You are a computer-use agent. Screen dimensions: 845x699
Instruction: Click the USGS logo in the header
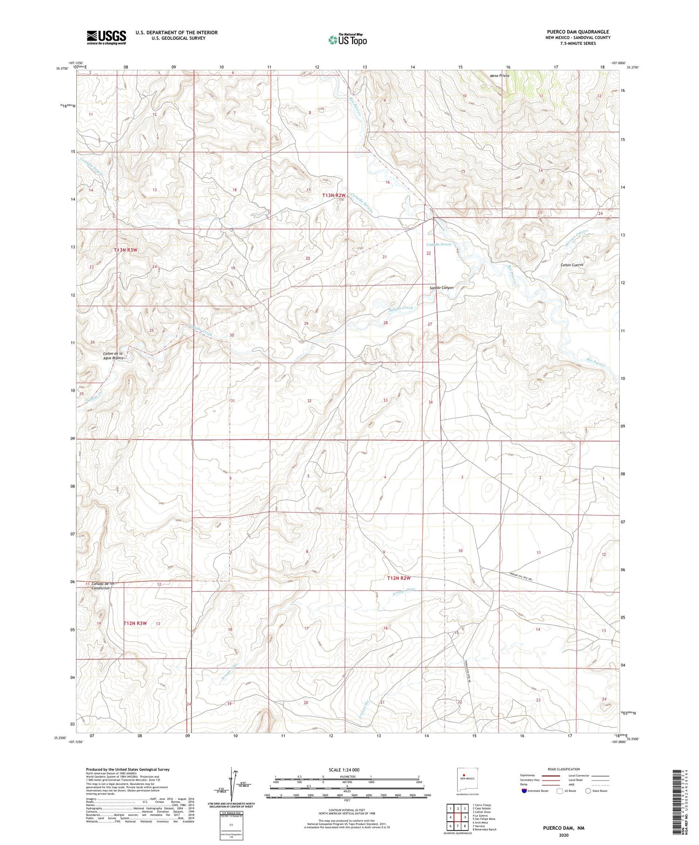click(106, 37)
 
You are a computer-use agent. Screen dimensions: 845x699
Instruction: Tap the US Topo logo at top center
click(348, 40)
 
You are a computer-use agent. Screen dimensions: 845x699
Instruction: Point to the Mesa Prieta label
click(500, 76)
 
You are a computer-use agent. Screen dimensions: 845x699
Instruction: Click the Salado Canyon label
click(441, 288)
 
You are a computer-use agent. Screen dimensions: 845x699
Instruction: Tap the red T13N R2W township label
click(334, 195)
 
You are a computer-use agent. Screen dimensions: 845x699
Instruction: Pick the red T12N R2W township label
click(399, 578)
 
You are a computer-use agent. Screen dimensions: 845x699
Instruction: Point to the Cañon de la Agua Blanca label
click(113, 356)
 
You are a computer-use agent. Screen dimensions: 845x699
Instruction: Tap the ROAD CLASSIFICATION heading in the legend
click(564, 769)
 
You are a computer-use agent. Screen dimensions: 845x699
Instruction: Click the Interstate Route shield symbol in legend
click(524, 790)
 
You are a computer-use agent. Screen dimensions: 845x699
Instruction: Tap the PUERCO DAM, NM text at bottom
click(563, 828)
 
